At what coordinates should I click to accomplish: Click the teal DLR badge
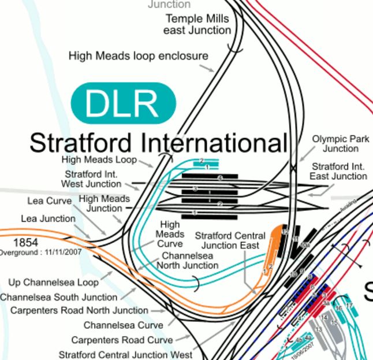pyautogui.click(x=122, y=103)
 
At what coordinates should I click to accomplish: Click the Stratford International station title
pyautogui.click(x=158, y=142)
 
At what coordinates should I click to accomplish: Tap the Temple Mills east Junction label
pyautogui.click(x=197, y=24)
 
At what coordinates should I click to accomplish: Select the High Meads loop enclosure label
pyautogui.click(x=138, y=56)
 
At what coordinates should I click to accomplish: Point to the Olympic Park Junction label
pyautogui.click(x=340, y=144)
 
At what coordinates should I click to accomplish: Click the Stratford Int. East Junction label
pyautogui.click(x=338, y=171)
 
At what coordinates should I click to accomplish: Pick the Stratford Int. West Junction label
pyautogui.click(x=91, y=179)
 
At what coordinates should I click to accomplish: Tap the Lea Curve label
pyautogui.click(x=50, y=201)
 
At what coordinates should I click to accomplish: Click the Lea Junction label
pyautogui.click(x=48, y=219)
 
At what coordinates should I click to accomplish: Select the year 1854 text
pyautogui.click(x=25, y=243)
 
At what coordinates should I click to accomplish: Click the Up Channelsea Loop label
pyautogui.click(x=53, y=283)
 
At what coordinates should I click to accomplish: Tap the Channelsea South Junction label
pyautogui.click(x=58, y=297)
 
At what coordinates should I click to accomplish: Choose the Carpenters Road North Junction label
pyautogui.click(x=79, y=311)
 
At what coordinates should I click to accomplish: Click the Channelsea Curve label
pyautogui.click(x=123, y=325)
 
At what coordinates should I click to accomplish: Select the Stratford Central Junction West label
pyautogui.click(x=125, y=354)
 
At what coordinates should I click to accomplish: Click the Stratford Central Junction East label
pyautogui.click(x=230, y=240)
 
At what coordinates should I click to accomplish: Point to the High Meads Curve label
pyautogui.click(x=170, y=234)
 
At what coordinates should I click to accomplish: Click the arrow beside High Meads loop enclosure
pyautogui.click(x=207, y=68)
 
